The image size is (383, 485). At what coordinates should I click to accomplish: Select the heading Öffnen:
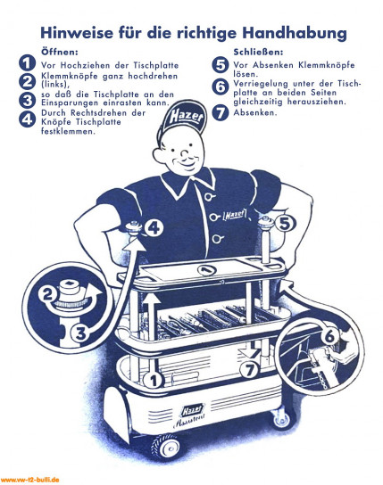point(60,52)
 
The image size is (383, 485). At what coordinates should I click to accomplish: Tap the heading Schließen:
point(258,52)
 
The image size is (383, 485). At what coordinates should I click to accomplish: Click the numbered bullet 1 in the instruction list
point(28,63)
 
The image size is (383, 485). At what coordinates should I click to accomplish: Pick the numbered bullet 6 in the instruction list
point(221,86)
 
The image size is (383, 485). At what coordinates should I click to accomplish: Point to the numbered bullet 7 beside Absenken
point(221,112)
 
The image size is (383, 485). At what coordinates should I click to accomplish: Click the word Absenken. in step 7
point(255,112)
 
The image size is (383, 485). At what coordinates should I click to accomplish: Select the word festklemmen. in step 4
point(68,131)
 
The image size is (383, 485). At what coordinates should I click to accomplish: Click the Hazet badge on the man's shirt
point(236,214)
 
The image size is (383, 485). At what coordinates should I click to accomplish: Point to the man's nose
point(185,152)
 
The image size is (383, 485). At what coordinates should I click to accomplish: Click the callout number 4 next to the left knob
point(154,228)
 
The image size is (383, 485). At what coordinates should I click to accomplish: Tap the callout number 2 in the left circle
point(47,294)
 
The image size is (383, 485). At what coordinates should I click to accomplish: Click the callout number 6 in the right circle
point(330,336)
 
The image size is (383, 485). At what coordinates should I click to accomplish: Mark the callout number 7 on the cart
point(250,369)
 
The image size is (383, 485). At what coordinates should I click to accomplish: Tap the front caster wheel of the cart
point(167,447)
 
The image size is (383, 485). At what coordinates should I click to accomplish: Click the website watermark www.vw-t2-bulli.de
point(29,480)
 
